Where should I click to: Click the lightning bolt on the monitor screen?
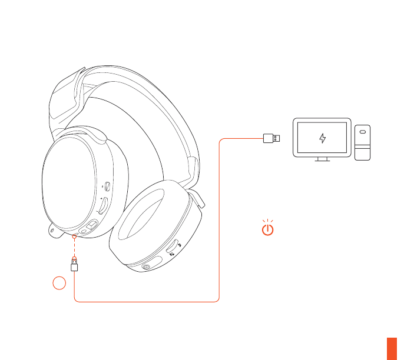tap(322, 139)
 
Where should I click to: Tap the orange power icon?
tap(268, 228)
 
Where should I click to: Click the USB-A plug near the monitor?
tap(271, 139)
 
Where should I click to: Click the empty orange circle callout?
tap(58, 284)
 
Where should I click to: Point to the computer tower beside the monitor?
tap(363, 142)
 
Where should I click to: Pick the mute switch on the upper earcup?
tap(107, 187)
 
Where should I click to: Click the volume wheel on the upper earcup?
tap(102, 205)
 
